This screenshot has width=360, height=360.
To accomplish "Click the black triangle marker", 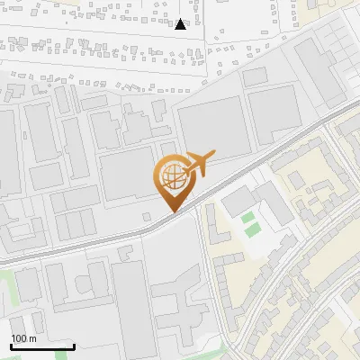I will [x=182, y=24].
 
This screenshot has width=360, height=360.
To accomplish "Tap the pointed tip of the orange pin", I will [x=172, y=211].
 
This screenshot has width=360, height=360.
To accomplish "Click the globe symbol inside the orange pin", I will [x=172, y=176].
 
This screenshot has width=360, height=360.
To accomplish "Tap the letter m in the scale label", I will [x=32, y=338].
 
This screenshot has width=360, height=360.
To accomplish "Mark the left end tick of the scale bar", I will [x=11, y=346].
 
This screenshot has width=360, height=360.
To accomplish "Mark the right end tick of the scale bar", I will [x=74, y=346].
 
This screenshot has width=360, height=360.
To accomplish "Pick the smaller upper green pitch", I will [x=247, y=217].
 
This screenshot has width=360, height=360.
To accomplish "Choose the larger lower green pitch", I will [x=253, y=229].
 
